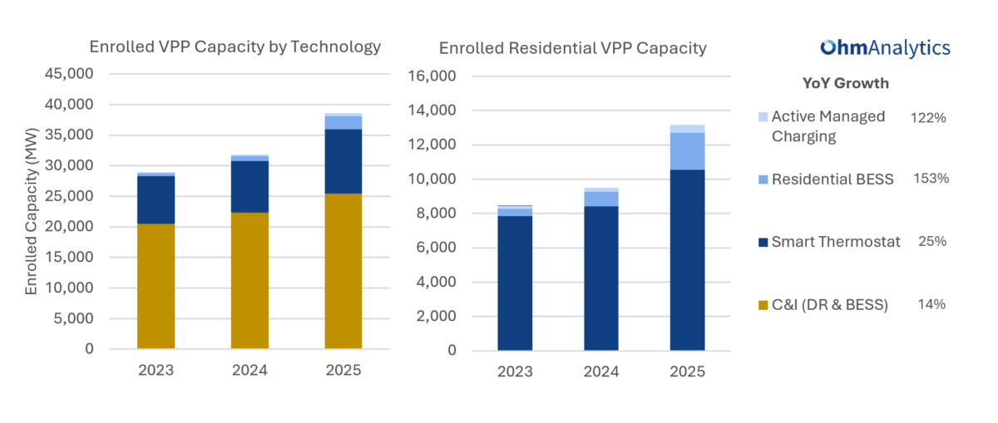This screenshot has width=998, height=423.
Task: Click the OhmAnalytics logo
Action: [x=885, y=48]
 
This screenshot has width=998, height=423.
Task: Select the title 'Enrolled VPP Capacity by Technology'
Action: [x=235, y=47]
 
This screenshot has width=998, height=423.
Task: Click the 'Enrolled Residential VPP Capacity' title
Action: [x=572, y=48]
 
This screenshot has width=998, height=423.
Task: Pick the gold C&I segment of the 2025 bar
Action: [x=343, y=271]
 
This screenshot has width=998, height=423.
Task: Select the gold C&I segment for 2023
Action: [x=156, y=286]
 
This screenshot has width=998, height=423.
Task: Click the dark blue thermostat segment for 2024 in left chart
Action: [x=249, y=186]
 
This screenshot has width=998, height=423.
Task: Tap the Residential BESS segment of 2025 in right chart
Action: [x=687, y=150]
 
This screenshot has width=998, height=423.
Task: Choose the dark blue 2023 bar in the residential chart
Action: [x=515, y=283]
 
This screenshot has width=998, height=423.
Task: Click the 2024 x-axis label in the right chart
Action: [x=601, y=371]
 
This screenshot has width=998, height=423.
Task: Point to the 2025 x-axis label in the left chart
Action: [x=343, y=370]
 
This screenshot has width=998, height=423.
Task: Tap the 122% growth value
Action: [x=928, y=118]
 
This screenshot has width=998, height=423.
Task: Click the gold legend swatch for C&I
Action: [x=763, y=306]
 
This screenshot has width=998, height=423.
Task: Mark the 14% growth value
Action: [x=931, y=304]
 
